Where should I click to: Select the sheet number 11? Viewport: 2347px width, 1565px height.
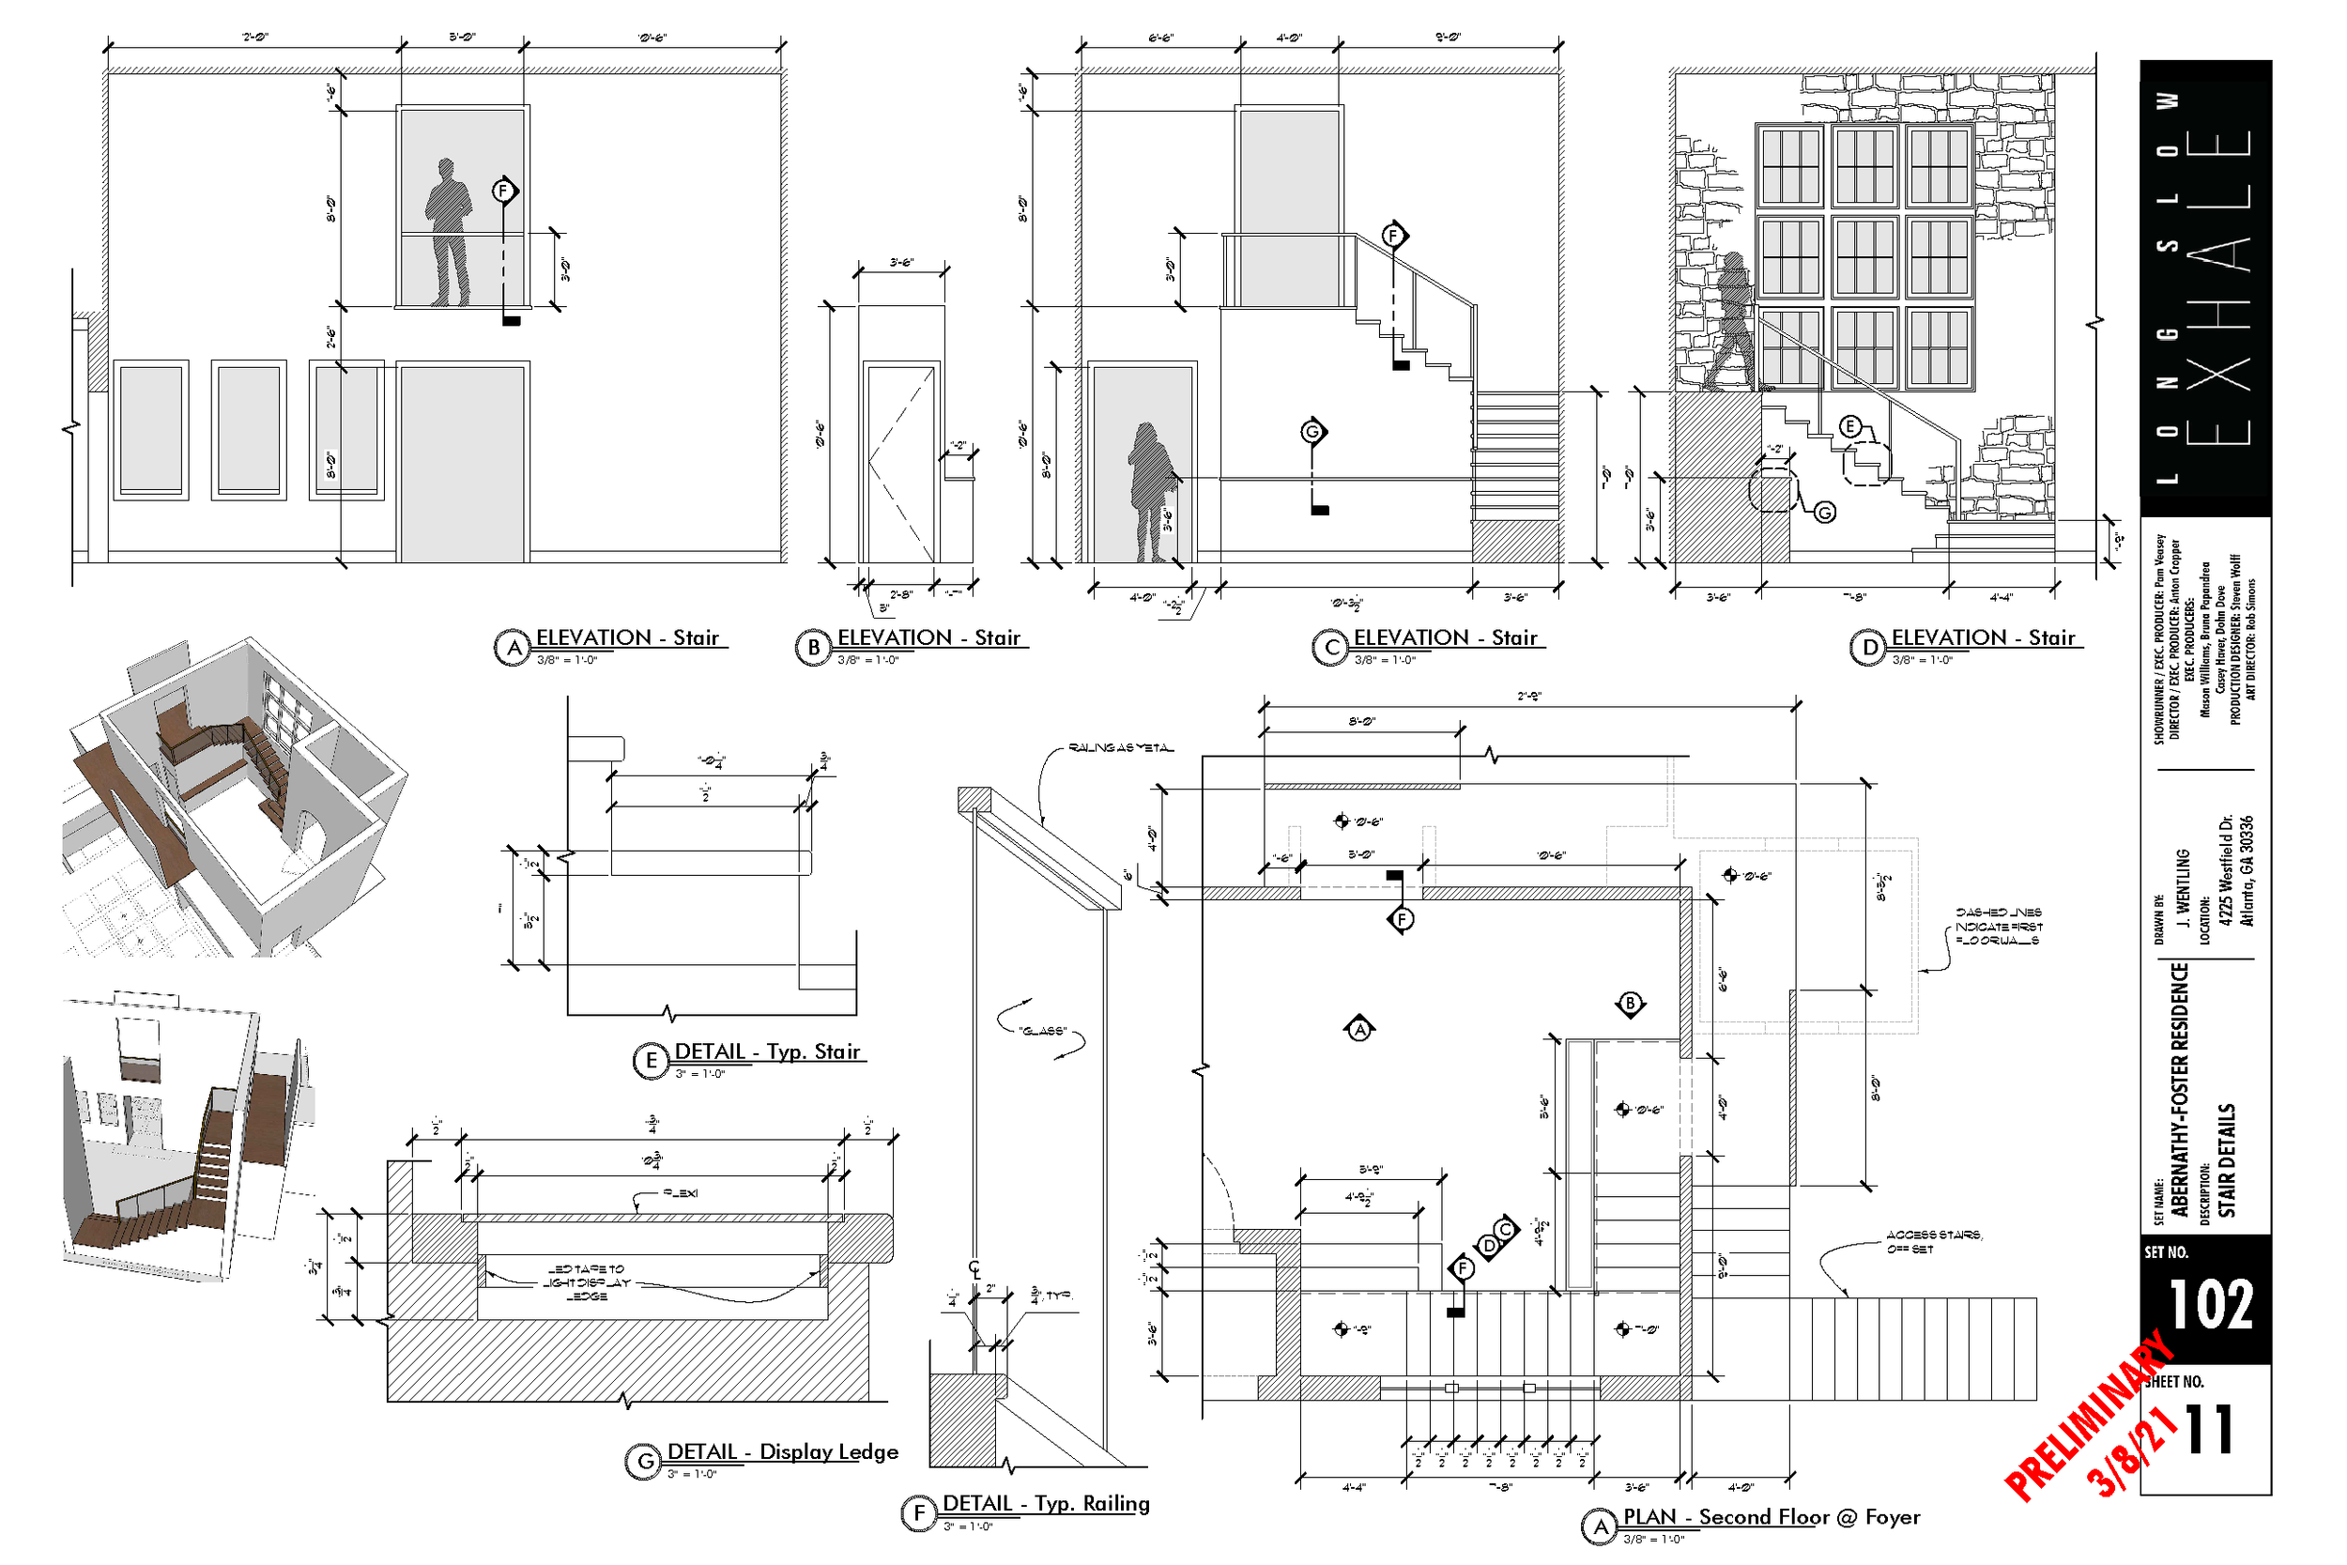2209,1430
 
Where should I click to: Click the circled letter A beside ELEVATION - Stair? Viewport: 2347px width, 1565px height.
512,648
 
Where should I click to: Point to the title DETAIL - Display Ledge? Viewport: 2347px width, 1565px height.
782,1452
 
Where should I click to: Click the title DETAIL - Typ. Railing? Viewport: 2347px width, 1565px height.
1046,1503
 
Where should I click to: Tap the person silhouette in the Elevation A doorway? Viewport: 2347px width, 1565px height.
448,232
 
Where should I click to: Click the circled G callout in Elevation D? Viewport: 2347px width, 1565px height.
1824,513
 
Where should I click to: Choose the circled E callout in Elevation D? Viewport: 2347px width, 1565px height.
1849,427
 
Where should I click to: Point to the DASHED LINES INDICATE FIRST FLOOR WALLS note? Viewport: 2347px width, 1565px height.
1999,927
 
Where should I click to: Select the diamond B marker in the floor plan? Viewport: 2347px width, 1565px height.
1630,1005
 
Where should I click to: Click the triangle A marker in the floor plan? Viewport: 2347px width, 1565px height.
1359,1029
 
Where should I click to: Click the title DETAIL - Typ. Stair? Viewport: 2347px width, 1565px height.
767,1051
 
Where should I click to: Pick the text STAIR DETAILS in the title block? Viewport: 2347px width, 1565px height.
2226,1159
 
